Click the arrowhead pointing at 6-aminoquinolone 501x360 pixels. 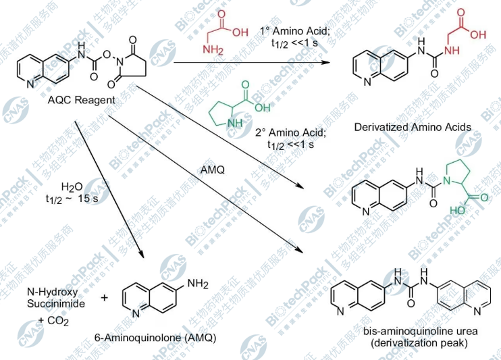click(142, 254)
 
